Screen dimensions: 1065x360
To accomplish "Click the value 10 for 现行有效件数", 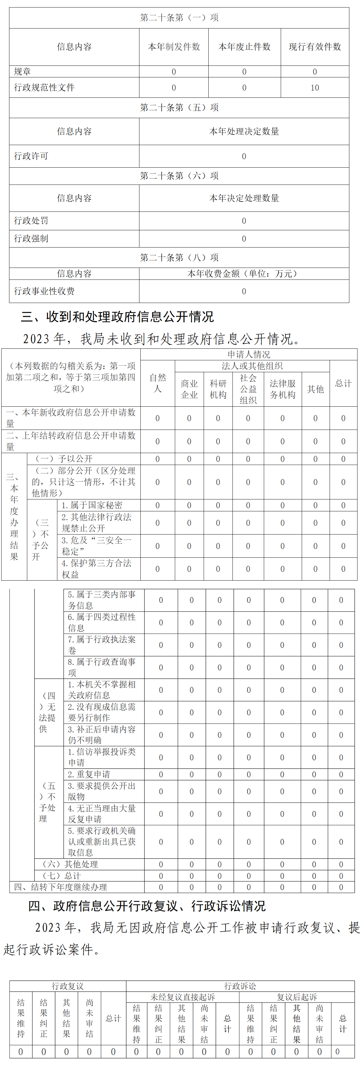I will (315, 88).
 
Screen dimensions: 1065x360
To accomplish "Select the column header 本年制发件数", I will (174, 47).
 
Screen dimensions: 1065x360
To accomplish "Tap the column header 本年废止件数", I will (244, 47).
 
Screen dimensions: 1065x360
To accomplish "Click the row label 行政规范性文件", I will (44, 88).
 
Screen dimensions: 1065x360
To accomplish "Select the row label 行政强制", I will (31, 238).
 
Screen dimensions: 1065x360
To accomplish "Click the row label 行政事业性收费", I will (44, 291).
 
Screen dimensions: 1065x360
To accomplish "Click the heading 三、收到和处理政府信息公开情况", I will (117, 317).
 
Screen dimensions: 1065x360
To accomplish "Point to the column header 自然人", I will (158, 383).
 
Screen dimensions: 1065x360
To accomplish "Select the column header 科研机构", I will (218, 389).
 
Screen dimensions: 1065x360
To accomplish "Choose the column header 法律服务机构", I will (282, 389).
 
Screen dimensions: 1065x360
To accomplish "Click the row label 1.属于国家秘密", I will (92, 505).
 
